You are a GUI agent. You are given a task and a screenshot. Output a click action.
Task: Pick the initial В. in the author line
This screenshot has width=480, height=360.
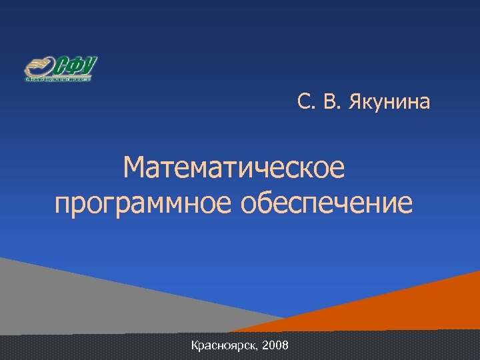(x=327, y=103)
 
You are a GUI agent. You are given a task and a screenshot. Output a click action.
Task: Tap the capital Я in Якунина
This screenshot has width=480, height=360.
(x=354, y=103)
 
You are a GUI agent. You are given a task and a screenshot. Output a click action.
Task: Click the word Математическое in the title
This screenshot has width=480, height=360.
(x=235, y=168)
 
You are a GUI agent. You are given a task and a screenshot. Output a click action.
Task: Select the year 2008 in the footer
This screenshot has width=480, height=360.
(x=276, y=345)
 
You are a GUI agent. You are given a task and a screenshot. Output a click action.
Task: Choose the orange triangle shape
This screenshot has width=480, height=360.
(x=413, y=307)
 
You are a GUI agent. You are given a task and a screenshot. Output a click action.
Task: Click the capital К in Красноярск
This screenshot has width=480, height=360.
(x=195, y=345)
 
